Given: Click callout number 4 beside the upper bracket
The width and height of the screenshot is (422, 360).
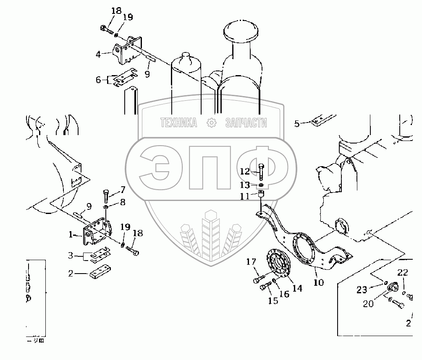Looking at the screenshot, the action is (x=97, y=54).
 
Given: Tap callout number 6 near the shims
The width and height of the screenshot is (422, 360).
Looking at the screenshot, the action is (x=99, y=79).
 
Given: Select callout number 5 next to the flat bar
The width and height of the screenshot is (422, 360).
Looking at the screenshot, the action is (x=297, y=123).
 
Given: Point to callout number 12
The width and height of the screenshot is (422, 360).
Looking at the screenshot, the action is (x=245, y=171).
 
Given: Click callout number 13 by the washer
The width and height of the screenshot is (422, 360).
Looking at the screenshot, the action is (x=245, y=185).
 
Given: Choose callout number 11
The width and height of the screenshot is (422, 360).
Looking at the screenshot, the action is (x=245, y=196).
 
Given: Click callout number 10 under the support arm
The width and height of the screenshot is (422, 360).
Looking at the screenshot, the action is (x=318, y=282).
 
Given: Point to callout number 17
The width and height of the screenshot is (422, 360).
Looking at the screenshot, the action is (x=251, y=262).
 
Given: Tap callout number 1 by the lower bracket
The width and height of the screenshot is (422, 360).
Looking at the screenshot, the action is (x=71, y=235).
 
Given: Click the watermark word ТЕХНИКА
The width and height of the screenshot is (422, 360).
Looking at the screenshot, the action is (x=178, y=123).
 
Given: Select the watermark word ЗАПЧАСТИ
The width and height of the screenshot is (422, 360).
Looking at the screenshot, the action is (x=246, y=123).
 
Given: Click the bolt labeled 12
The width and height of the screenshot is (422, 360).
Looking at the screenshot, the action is (x=262, y=171).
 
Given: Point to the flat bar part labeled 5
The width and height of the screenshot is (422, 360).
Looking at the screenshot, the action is (x=324, y=120).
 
